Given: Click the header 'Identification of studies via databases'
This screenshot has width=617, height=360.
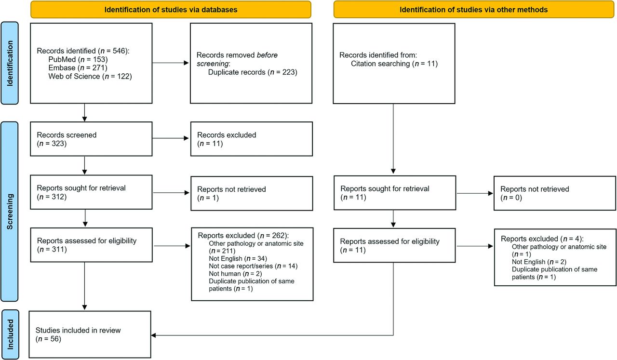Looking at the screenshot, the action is tap(171, 10).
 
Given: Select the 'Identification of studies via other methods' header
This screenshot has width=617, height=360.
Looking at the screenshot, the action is tap(473, 10).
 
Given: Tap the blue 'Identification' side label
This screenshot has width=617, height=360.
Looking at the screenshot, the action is tap(10, 63).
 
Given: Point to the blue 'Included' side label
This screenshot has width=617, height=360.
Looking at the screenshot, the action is tap(10, 334).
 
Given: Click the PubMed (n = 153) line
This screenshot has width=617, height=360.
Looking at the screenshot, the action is tap(78, 59).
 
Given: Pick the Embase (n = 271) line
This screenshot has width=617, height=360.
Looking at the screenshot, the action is tap(78, 68).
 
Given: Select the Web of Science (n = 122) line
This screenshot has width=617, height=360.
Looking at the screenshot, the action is tap(90, 76).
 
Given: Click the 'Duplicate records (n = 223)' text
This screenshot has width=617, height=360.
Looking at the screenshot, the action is tap(253, 72).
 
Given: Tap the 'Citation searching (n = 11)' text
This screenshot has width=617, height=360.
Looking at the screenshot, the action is tap(394, 64).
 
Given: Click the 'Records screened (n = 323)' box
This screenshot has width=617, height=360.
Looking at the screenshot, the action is tap(91, 139).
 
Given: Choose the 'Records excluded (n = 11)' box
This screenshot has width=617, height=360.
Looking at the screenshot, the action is tap(252, 139).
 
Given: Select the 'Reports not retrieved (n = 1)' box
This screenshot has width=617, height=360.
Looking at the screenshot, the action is tap(252, 193).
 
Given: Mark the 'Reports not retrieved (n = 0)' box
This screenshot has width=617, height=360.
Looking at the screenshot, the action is tap(555, 193).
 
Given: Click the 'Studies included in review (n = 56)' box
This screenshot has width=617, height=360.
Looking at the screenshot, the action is tap(90, 334).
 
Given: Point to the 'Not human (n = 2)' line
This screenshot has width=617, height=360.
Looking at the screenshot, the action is tap(235, 274).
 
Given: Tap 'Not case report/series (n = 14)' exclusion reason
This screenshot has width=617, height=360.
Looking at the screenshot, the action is tap(253, 266).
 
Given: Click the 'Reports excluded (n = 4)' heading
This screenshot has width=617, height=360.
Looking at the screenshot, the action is tap(542, 239).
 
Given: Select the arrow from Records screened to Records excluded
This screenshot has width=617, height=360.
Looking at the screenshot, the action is tap(171, 138).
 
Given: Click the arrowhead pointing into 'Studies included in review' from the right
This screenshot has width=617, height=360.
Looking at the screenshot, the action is tap(153, 335).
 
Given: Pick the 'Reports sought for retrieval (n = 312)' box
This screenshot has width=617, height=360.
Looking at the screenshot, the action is tap(91, 192).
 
